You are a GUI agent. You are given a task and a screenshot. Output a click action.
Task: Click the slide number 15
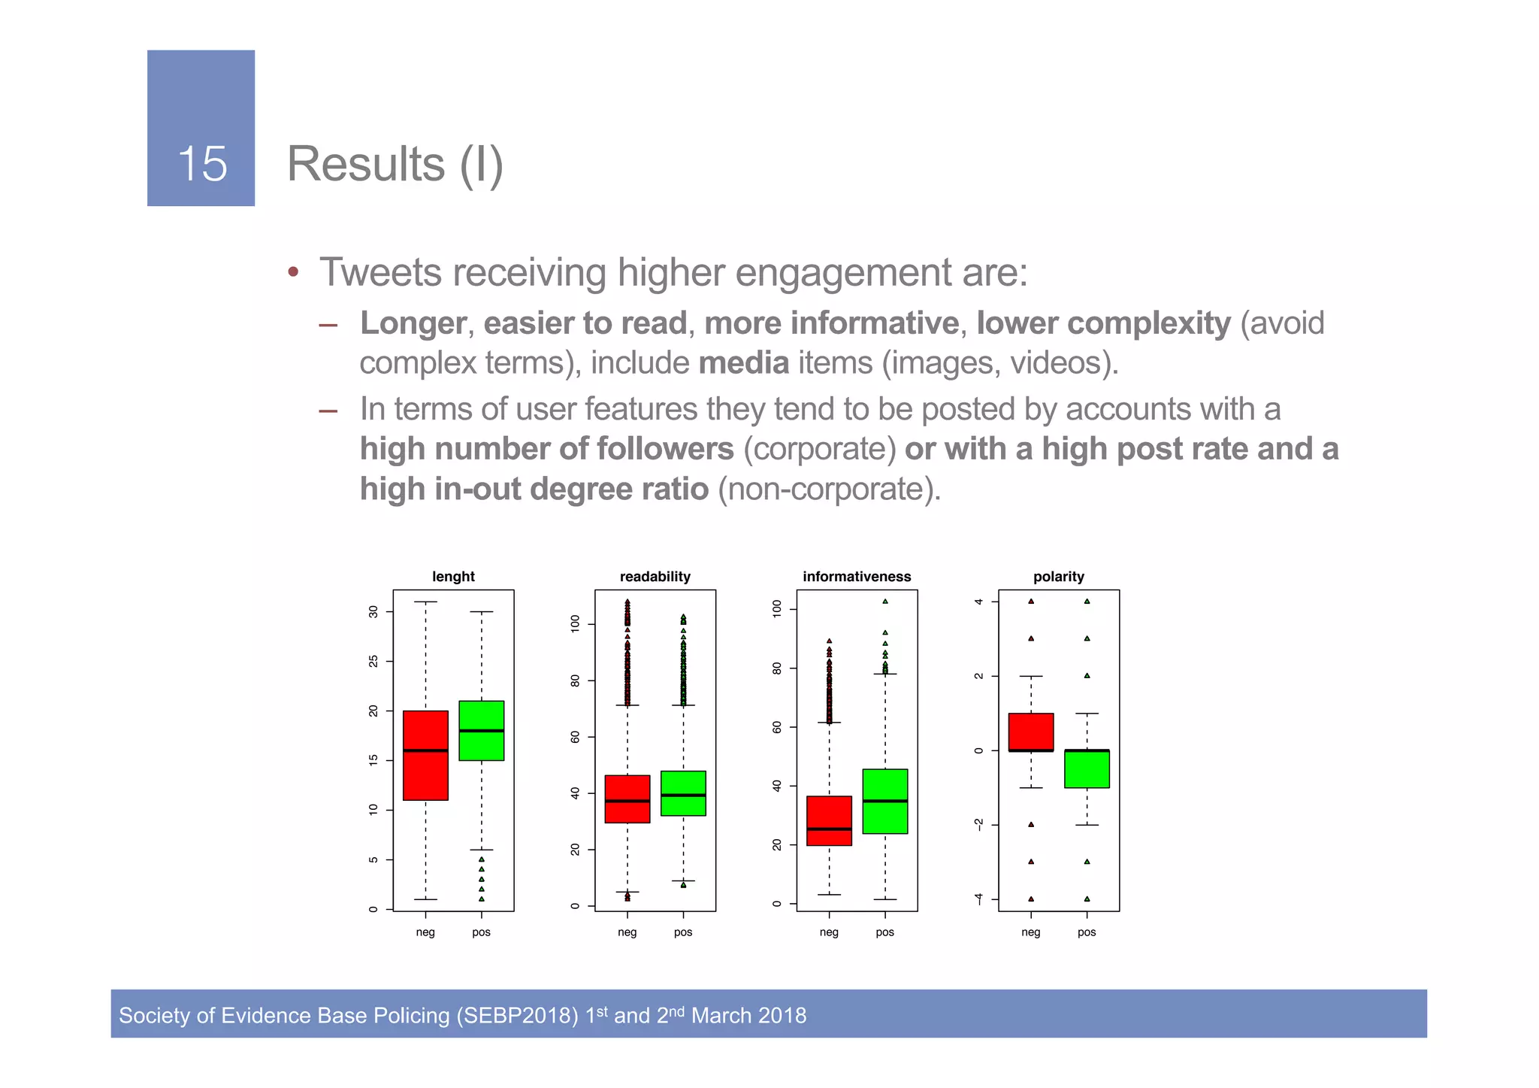tap(202, 164)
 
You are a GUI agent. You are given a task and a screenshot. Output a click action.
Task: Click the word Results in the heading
tap(366, 164)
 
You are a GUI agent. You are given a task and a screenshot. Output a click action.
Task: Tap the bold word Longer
tap(413, 323)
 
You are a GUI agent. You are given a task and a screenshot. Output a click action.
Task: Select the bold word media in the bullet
tap(743, 363)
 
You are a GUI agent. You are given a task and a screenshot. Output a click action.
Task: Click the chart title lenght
tap(453, 577)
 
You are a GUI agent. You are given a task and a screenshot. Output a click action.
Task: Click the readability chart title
tap(655, 577)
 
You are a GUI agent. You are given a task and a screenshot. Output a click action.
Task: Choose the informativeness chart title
tap(857, 577)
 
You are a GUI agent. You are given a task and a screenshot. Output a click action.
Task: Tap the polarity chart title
tap(1058, 577)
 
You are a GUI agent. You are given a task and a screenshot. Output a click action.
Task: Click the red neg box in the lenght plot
tap(425, 755)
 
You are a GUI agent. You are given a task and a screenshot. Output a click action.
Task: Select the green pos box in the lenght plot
tap(481, 731)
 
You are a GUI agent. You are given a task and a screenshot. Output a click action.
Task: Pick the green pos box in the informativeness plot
tap(884, 801)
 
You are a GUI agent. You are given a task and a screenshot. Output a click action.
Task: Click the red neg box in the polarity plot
tap(1030, 732)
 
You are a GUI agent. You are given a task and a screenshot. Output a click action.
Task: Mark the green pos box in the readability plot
tap(683, 793)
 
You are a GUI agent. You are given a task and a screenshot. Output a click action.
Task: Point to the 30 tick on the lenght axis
tap(373, 612)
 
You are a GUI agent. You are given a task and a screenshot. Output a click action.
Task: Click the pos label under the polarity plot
tap(1087, 932)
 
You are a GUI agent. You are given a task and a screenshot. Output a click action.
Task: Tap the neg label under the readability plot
tap(627, 932)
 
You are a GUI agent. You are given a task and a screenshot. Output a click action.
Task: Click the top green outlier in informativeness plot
tap(885, 602)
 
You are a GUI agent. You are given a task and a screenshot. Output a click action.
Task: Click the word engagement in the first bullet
tap(842, 272)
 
